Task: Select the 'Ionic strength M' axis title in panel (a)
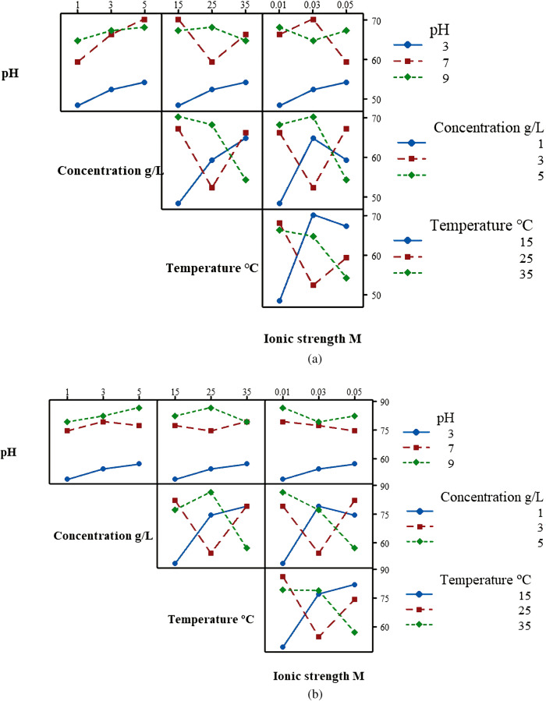pyautogui.click(x=313, y=338)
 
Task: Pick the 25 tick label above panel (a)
pyautogui.click(x=212, y=7)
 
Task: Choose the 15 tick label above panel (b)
pyautogui.click(x=175, y=392)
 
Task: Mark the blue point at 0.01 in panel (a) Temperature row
pyautogui.click(x=279, y=300)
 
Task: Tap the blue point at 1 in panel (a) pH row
pyautogui.click(x=77, y=105)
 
